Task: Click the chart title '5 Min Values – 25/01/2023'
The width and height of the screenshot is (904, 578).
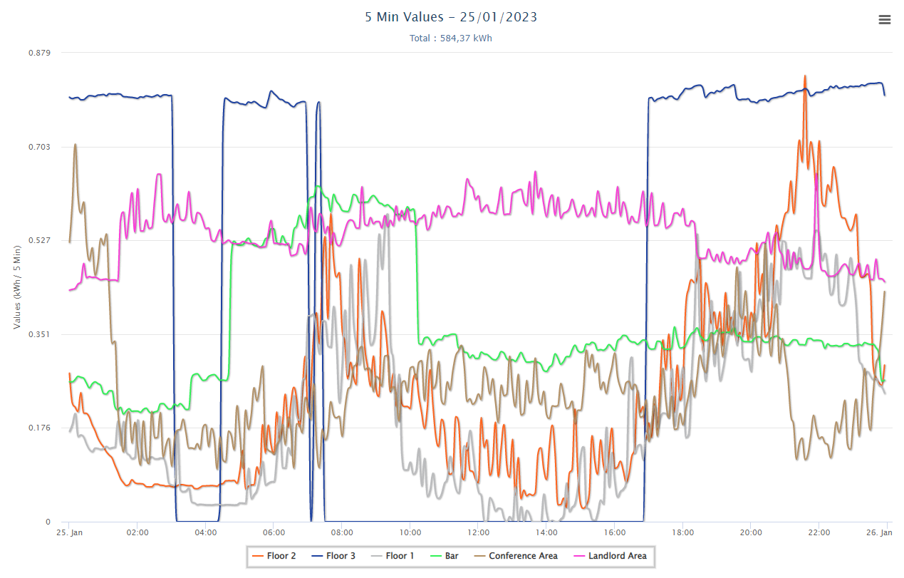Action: [451, 17]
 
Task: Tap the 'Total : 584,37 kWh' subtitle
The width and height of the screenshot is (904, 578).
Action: [451, 38]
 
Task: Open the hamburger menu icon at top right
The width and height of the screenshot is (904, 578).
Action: [885, 20]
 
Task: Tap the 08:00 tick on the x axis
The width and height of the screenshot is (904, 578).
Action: [342, 532]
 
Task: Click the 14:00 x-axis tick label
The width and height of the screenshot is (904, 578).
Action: [546, 532]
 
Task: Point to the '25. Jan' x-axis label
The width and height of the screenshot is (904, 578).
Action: [70, 532]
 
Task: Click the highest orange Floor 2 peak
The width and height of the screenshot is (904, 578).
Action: [805, 76]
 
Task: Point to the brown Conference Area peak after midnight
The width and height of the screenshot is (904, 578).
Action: [75, 145]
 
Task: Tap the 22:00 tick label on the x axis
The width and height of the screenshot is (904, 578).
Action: [819, 532]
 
